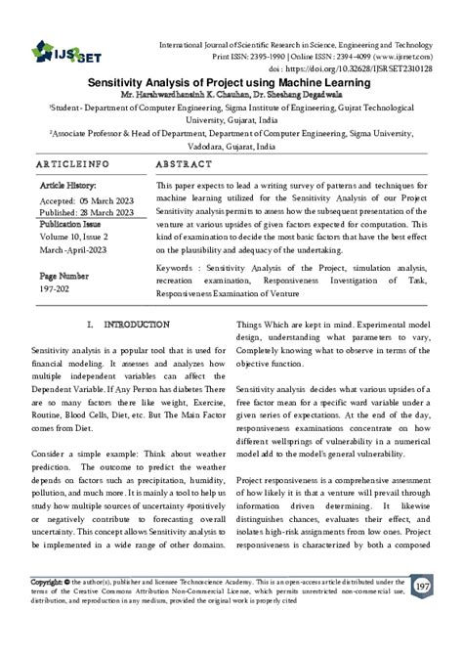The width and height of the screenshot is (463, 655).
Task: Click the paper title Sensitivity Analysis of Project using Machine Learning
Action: (231, 85)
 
